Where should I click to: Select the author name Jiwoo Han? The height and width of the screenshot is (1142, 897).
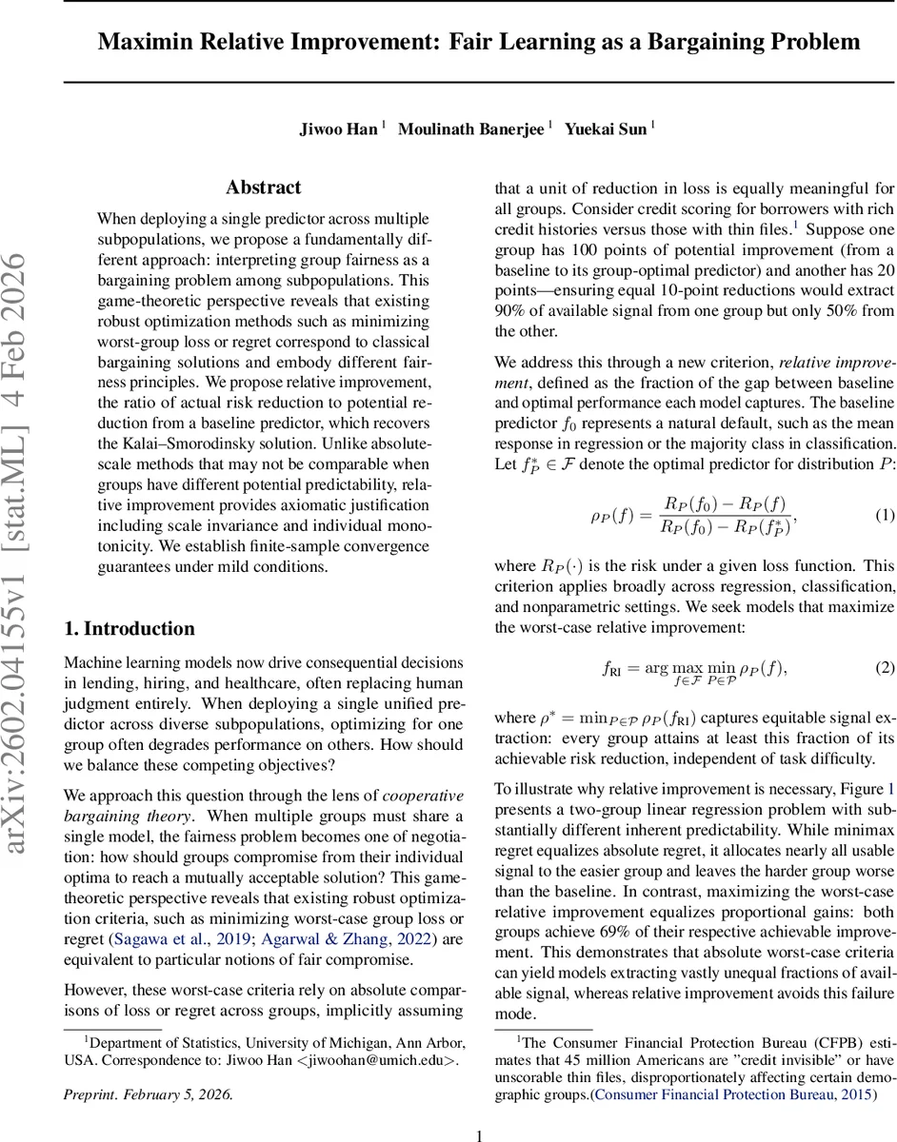(x=339, y=129)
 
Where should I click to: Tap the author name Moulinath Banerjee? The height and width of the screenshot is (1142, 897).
(x=470, y=129)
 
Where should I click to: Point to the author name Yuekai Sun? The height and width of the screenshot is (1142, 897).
(x=606, y=129)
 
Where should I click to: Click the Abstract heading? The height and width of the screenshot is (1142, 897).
(x=263, y=187)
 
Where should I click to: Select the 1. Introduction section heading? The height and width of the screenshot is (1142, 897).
(x=129, y=629)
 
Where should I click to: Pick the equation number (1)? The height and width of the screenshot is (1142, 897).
(x=885, y=515)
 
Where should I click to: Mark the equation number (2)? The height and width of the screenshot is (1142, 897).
(x=885, y=667)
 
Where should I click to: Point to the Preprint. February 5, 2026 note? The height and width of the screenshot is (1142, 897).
(x=148, y=1068)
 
